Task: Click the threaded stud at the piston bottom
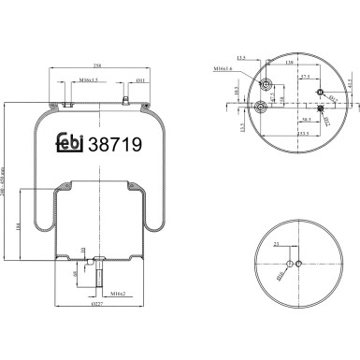(x=96, y=277)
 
